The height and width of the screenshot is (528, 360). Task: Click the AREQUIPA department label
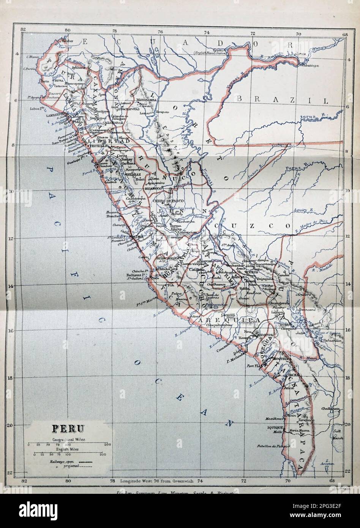pyautogui.click(x=229, y=321)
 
